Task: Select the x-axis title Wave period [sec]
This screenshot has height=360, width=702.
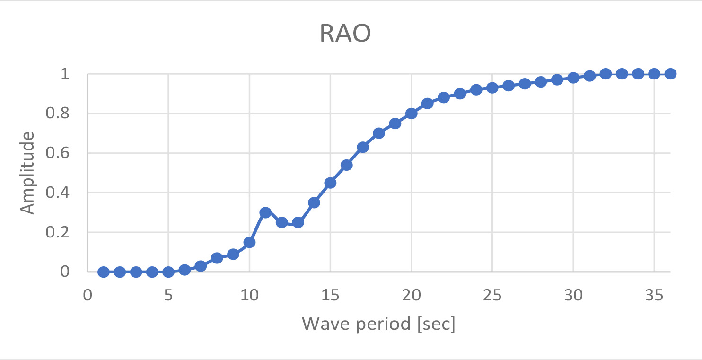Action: tap(378, 324)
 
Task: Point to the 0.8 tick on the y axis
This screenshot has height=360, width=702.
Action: tap(61, 114)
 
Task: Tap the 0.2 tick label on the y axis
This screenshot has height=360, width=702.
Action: tap(61, 232)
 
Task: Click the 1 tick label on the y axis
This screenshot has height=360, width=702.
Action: tap(65, 74)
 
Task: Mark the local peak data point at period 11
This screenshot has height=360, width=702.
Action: tap(265, 212)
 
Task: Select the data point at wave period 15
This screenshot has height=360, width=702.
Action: tap(330, 183)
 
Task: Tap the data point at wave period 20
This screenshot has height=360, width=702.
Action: tap(411, 114)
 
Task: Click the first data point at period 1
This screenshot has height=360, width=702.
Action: tap(104, 272)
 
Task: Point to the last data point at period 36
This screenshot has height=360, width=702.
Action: tap(670, 74)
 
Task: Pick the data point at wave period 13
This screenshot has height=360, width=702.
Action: tap(298, 222)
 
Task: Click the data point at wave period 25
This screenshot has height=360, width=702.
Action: tap(492, 88)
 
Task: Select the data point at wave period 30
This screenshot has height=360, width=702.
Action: tap(573, 78)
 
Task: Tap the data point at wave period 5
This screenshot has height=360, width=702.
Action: tap(168, 272)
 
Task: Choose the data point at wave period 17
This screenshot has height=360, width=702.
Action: tap(363, 147)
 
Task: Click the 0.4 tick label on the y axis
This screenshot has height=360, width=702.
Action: tap(61, 193)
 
